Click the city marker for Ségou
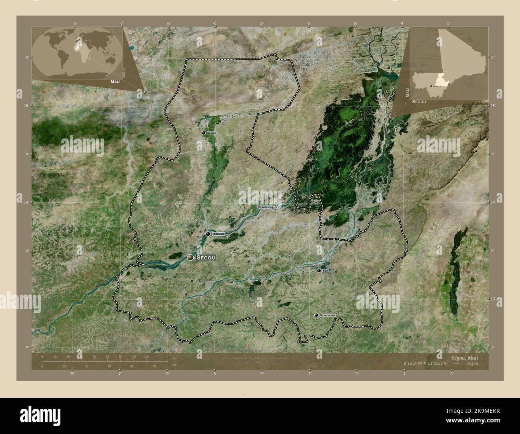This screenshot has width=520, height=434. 190,257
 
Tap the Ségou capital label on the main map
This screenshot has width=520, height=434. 206,258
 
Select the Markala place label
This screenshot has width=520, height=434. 219,234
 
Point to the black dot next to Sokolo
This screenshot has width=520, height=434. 204,133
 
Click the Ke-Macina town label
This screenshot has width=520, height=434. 264,207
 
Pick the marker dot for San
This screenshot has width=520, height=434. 319,271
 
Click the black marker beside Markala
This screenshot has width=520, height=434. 208,234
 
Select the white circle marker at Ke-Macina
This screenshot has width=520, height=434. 275,207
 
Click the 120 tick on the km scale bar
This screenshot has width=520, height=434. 146,356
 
